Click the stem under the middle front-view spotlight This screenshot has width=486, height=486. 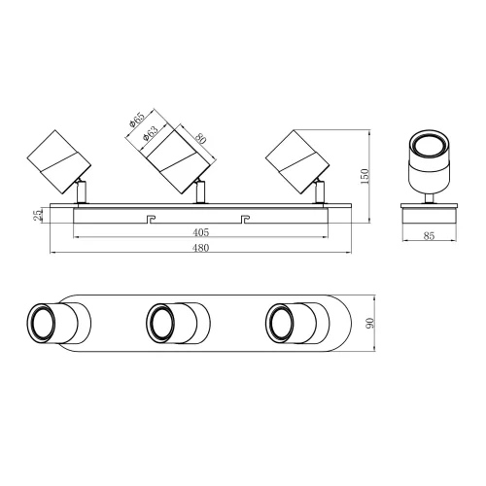click(201, 192)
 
